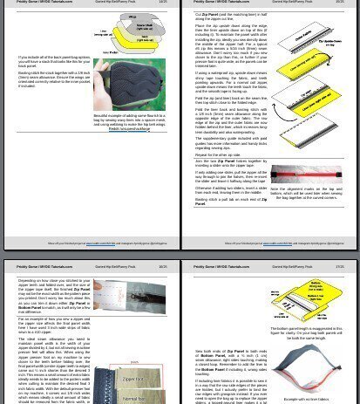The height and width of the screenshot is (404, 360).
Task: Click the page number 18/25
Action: point(162,3)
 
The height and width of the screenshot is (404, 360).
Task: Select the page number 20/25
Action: point(162,267)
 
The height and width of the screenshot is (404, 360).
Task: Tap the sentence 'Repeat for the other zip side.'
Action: point(224,153)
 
